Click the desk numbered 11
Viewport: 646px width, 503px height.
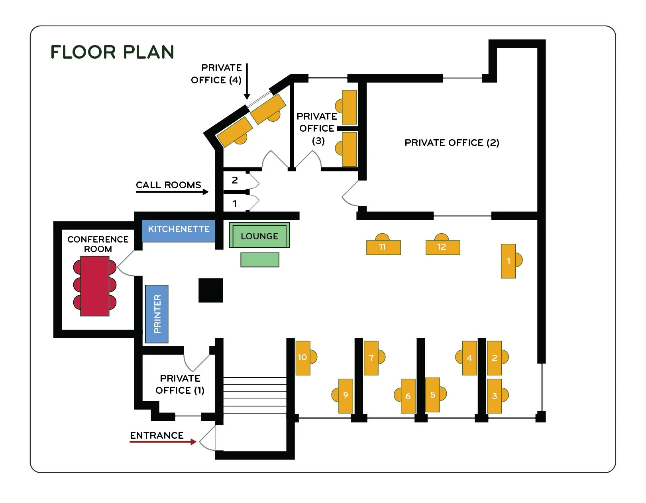pos(383,247)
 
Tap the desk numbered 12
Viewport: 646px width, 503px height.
pos(442,247)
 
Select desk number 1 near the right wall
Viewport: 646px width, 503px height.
pos(508,261)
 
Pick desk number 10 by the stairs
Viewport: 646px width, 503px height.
pos(303,358)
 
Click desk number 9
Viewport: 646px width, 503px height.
pos(346,396)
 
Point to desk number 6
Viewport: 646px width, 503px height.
pos(408,396)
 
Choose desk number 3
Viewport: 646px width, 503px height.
pos(494,396)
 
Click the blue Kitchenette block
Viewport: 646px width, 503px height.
pos(179,231)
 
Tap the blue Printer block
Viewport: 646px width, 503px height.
pos(157,314)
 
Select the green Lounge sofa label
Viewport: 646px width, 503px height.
pos(259,236)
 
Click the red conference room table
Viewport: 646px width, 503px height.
pos(95,286)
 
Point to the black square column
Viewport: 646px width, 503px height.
pos(211,290)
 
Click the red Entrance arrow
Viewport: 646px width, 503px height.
pos(163,442)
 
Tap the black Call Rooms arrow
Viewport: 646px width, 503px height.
pos(172,192)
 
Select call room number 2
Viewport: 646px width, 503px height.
pos(235,180)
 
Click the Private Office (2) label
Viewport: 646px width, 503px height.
pos(452,143)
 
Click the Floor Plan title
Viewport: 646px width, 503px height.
pos(112,52)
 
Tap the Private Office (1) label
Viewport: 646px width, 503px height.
pos(180,384)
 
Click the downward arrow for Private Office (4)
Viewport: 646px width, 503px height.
pos(247,81)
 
